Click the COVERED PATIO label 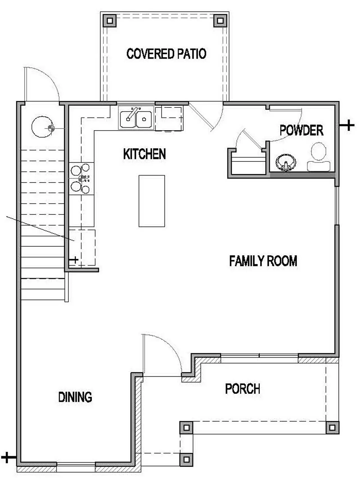tap(166, 54)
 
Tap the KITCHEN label tap(144, 154)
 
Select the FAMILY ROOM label tap(263, 261)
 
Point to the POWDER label tap(301, 130)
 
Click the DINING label tap(75, 397)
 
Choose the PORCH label tap(242, 389)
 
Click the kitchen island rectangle tap(152, 201)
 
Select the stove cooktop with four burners tap(81, 179)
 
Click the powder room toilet tap(319, 157)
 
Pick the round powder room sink tap(286, 163)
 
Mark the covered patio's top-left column tap(109, 21)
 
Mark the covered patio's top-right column tap(220, 21)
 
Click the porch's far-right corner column tap(332, 427)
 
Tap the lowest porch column tap(186, 459)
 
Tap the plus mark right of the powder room tap(348, 125)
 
